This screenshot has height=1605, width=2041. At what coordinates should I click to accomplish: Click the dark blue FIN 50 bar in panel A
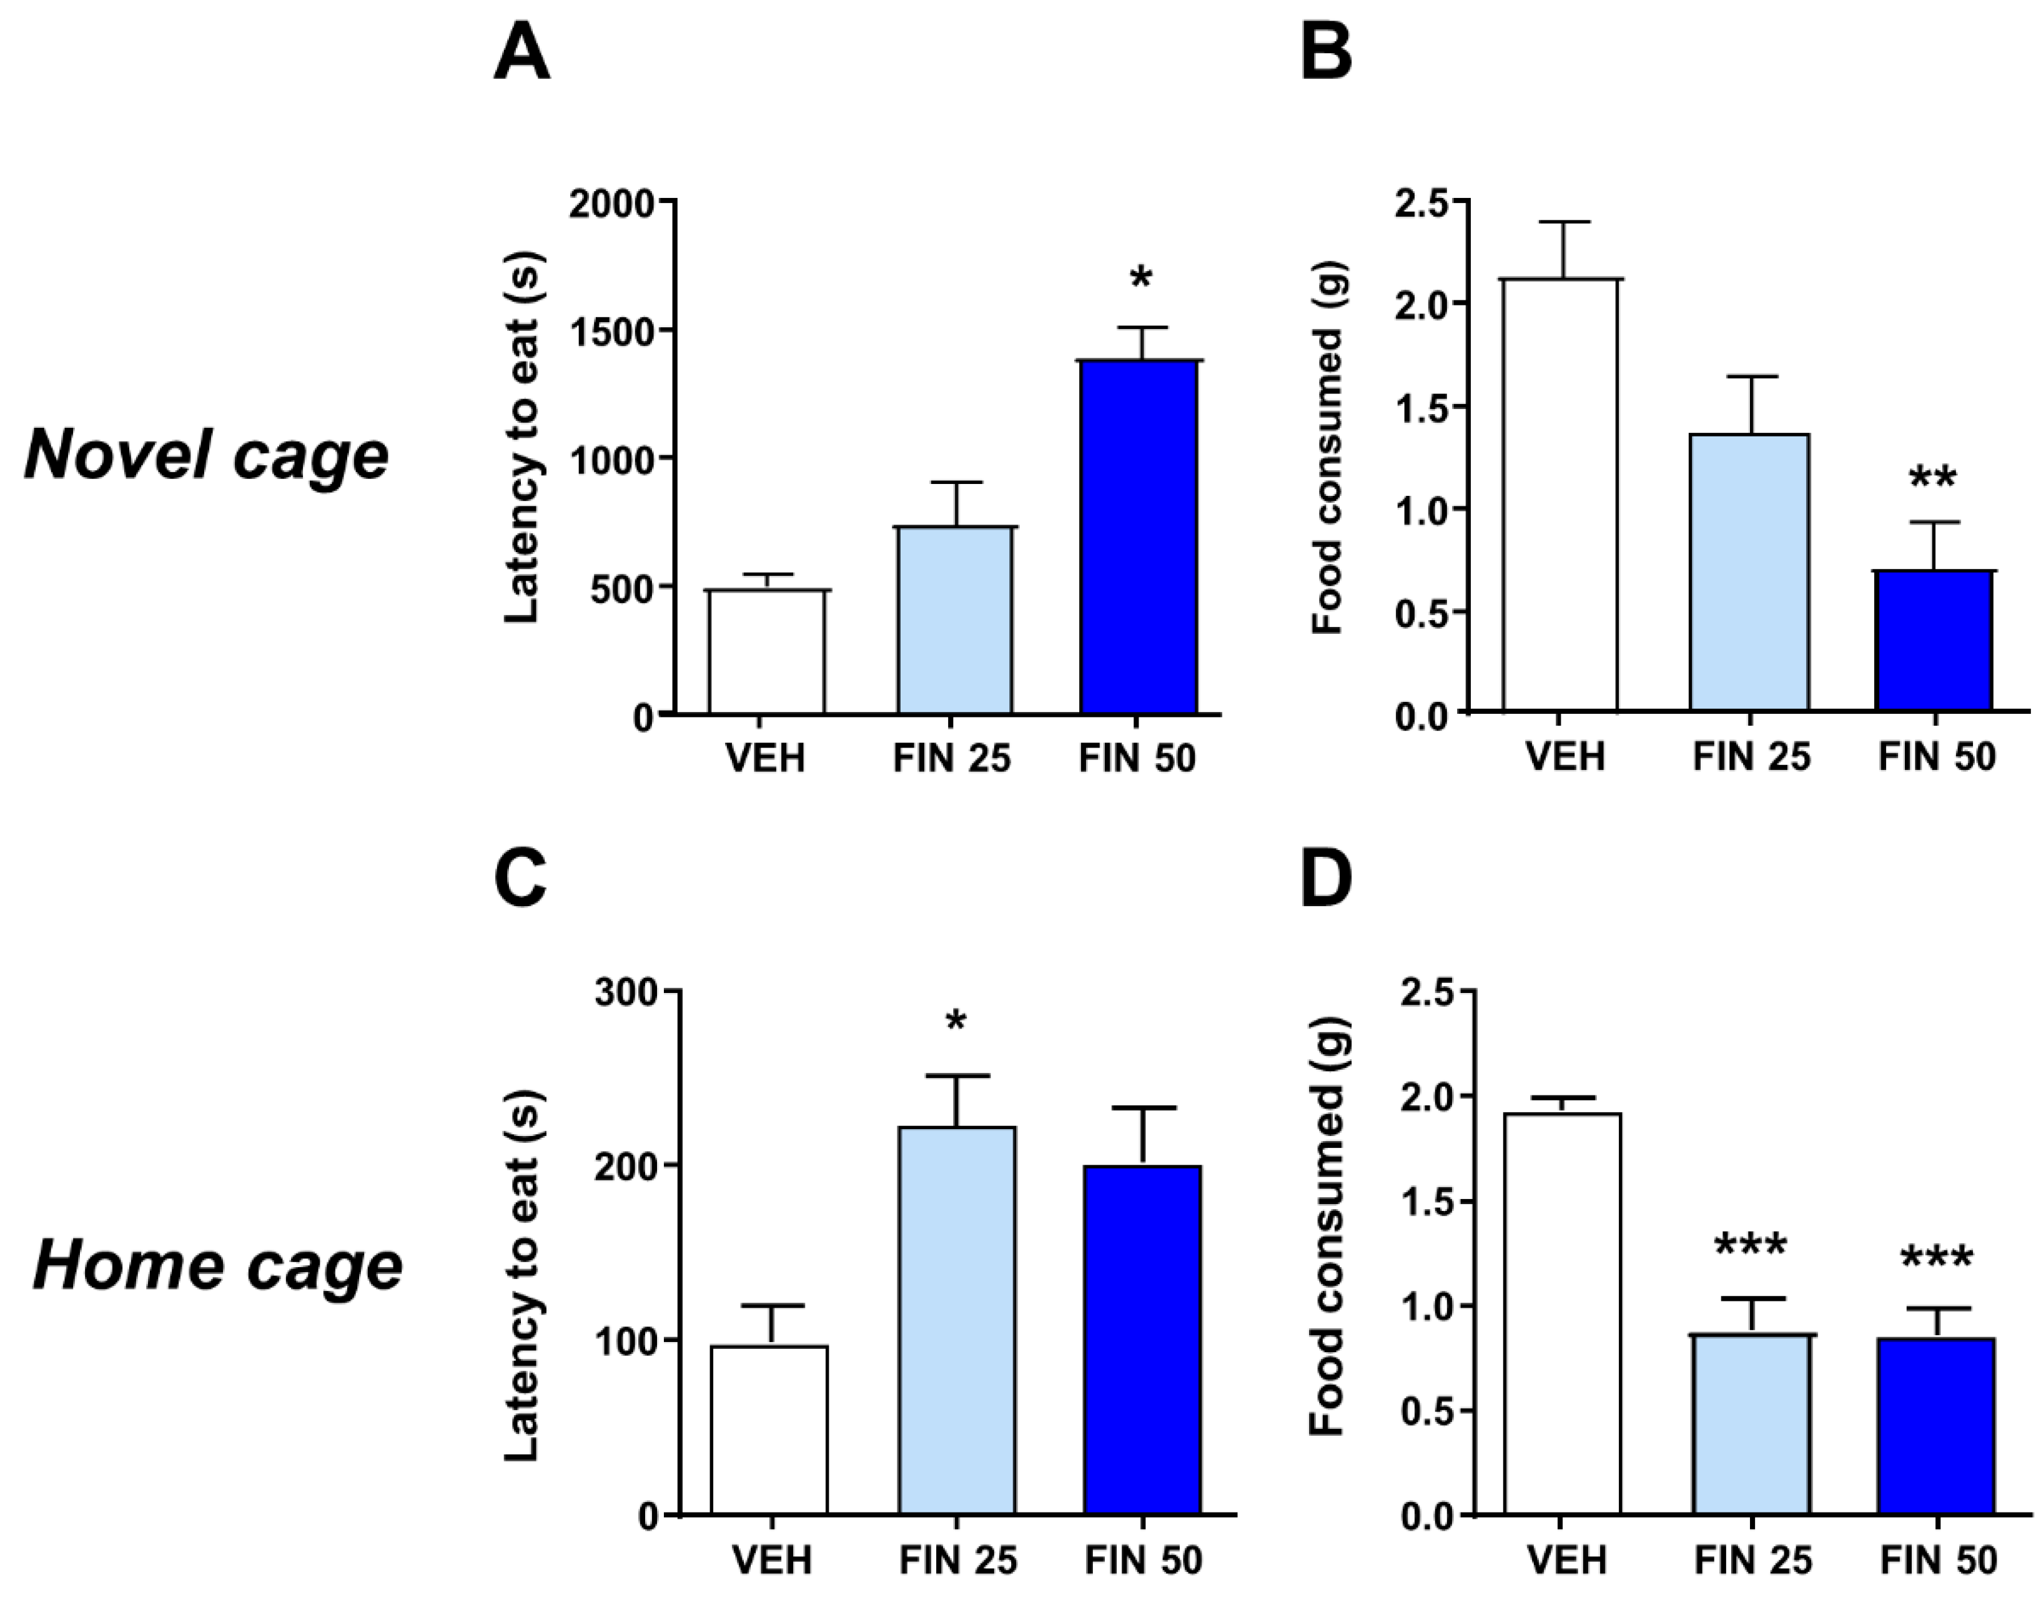[x=1138, y=536]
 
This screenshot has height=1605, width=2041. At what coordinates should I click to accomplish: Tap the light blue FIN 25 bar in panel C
[x=957, y=1320]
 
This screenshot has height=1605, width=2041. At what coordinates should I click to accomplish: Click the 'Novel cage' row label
[x=207, y=455]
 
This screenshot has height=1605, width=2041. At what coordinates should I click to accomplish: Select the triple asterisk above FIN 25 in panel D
[x=1750, y=1248]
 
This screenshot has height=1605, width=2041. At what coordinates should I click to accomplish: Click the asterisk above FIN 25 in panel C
[x=956, y=1022]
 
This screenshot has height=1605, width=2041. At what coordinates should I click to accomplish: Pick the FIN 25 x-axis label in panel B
[x=1751, y=758]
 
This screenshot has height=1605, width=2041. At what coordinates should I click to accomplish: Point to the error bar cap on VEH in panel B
[x=1564, y=222]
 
